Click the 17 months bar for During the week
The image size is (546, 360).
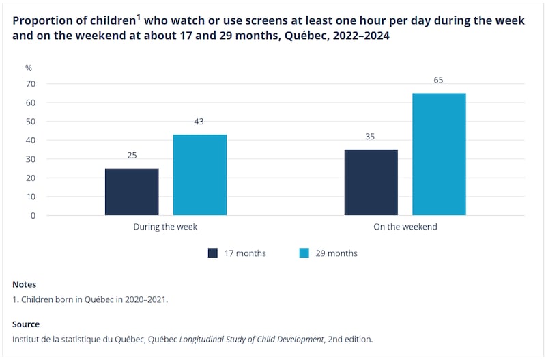[132, 192]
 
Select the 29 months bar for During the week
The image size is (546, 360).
[200, 175]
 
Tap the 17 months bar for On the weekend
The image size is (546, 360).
[371, 182]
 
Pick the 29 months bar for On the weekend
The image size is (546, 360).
[439, 154]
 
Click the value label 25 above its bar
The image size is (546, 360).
[132, 155]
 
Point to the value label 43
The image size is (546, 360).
[199, 122]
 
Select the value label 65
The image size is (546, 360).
[438, 80]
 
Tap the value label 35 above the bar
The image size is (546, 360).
[371, 137]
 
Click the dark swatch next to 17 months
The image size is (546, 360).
[213, 253]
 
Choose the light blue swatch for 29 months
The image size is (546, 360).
[305, 253]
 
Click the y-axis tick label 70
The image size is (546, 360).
[31, 84]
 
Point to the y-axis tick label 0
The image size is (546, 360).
[33, 216]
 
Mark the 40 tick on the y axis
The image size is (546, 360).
[31, 141]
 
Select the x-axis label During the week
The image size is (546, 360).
[165, 227]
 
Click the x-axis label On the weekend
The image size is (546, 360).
[405, 227]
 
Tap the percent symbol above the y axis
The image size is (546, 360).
[29, 68]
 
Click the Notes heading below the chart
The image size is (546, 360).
[24, 284]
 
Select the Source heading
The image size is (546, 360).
[26, 324]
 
